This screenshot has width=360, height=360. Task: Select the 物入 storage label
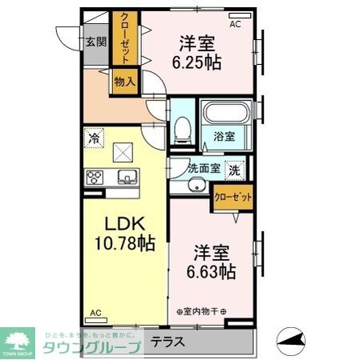pos(123,81)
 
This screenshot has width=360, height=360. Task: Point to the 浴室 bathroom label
pos(224,137)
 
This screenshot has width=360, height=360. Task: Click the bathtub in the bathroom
pos(224,114)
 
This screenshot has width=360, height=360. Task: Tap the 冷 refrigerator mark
pos(95,138)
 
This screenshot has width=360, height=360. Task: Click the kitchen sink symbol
pos(127,177)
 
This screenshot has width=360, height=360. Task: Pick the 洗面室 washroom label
pos(203,168)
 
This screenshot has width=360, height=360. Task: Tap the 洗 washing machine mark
pos(234,169)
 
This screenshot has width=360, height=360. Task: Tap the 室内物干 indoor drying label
pos(201,311)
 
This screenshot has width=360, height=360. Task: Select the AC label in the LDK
pos(95,313)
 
